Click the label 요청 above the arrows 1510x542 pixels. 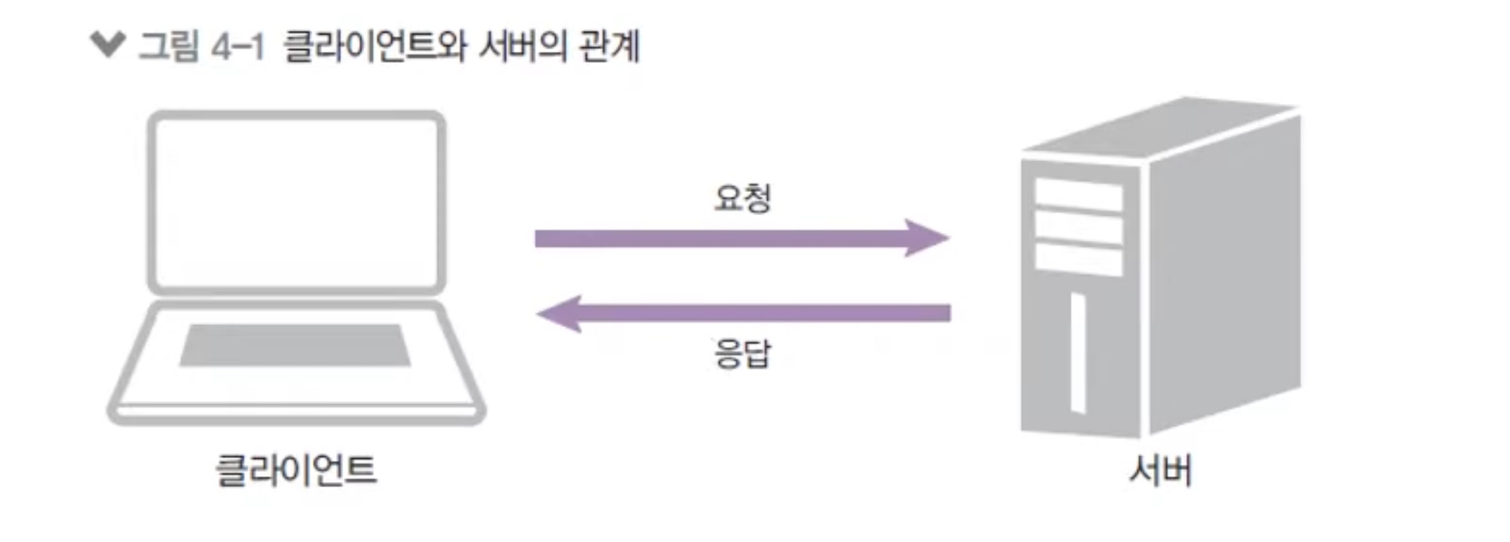pyautogui.click(x=742, y=197)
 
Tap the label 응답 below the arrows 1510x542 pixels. pyautogui.click(x=742, y=354)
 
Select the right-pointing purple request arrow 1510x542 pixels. pyautogui.click(x=741, y=238)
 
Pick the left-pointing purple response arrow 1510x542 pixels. pyautogui.click(x=743, y=313)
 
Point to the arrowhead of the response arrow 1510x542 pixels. pyautogui.click(x=558, y=313)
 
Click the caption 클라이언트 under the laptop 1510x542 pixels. pyautogui.click(x=296, y=470)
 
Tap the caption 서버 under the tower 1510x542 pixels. pyautogui.click(x=1160, y=470)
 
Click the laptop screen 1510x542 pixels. pyautogui.click(x=296, y=202)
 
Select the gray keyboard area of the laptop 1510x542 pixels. pyautogui.click(x=295, y=345)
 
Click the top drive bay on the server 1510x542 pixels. pyautogui.click(x=1079, y=194)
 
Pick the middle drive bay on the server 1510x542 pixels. pyautogui.click(x=1079, y=228)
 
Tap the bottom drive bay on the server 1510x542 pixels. pyautogui.click(x=1079, y=261)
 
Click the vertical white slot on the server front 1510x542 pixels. pyautogui.click(x=1078, y=353)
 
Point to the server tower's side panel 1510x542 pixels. pyautogui.click(x=1224, y=274)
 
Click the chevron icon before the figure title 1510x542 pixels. pyautogui.click(x=108, y=44)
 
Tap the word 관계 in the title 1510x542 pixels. pyautogui.click(x=609, y=47)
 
